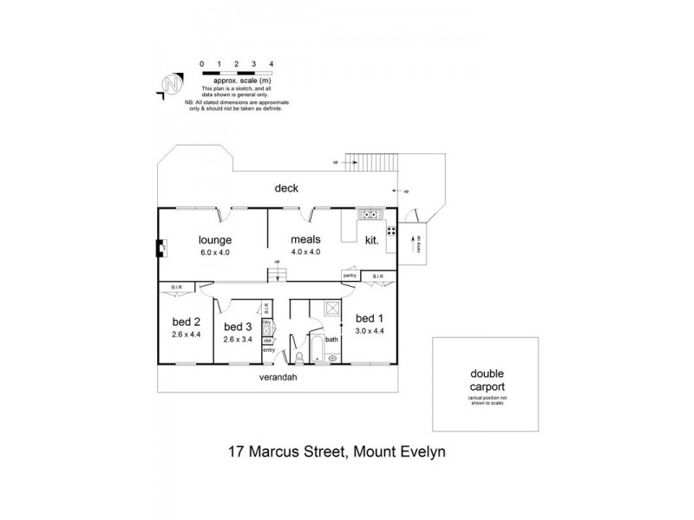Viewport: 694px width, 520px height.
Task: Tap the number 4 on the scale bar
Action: point(272,64)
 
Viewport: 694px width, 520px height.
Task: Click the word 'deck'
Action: point(286,188)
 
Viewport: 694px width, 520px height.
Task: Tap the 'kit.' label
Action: point(371,240)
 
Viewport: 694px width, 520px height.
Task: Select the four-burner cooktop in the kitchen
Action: point(392,231)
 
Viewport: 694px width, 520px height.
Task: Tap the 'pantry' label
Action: point(350,276)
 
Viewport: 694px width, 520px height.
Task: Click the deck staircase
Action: point(370,162)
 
